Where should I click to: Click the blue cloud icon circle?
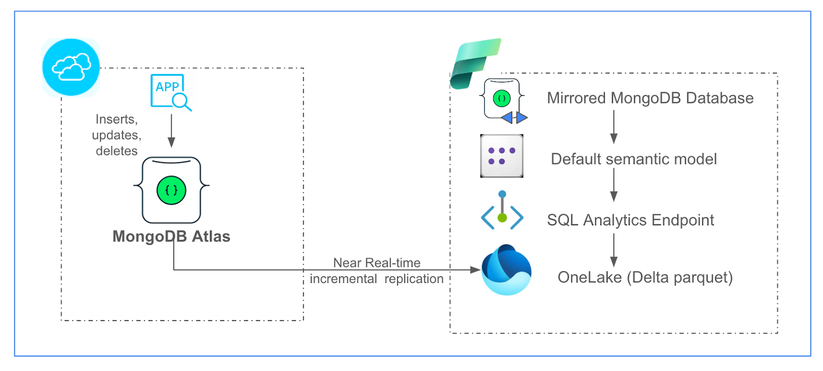[x=70, y=67]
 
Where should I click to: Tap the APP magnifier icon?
[x=170, y=92]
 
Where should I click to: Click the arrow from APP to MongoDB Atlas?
[x=172, y=131]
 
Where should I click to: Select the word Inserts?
[x=117, y=119]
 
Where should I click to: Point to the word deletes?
[x=117, y=151]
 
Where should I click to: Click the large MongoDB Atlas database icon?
[x=171, y=190]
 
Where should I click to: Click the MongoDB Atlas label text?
[x=171, y=237]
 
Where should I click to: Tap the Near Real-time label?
[x=377, y=263]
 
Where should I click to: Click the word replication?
[x=414, y=279]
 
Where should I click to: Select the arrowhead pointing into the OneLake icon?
[x=475, y=270]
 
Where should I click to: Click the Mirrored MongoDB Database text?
[x=650, y=98]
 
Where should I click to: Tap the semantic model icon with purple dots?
[x=502, y=156]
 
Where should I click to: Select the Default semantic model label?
[x=634, y=159]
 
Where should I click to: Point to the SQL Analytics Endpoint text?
[x=630, y=220]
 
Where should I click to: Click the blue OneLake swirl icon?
[x=506, y=270]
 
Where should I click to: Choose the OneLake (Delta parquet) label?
[x=645, y=278]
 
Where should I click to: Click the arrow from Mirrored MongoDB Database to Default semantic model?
[x=614, y=128]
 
